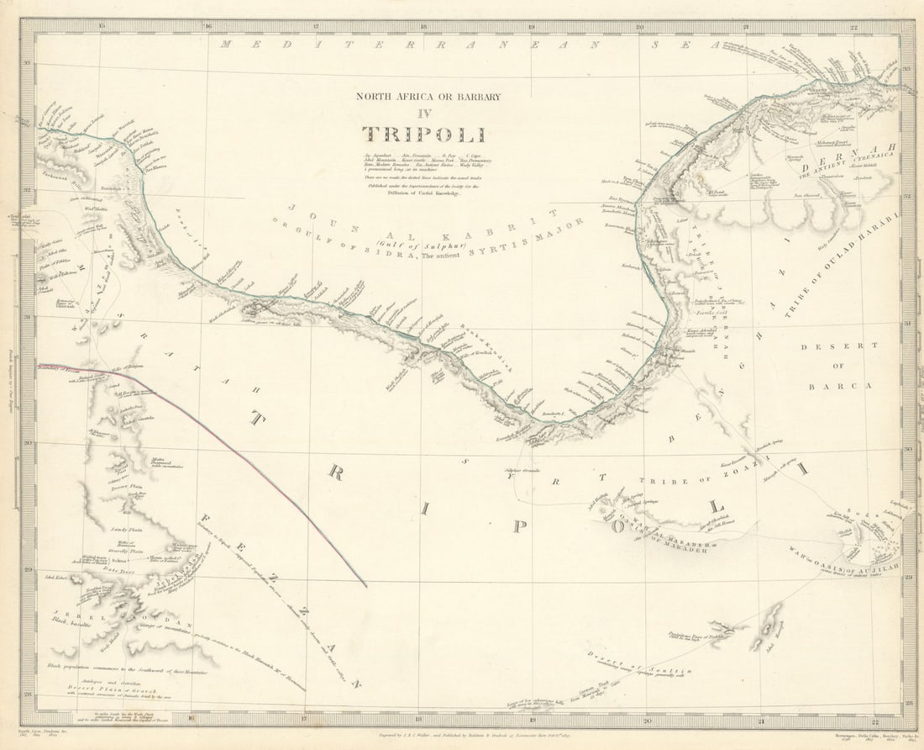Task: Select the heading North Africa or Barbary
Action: (428, 96)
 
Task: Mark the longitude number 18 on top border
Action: (423, 26)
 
